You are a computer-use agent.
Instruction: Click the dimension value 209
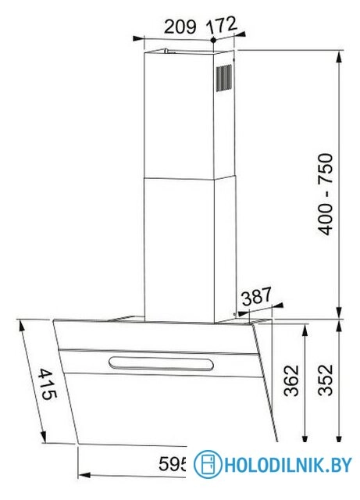click(180, 25)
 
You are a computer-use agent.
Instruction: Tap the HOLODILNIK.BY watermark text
click(287, 466)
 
